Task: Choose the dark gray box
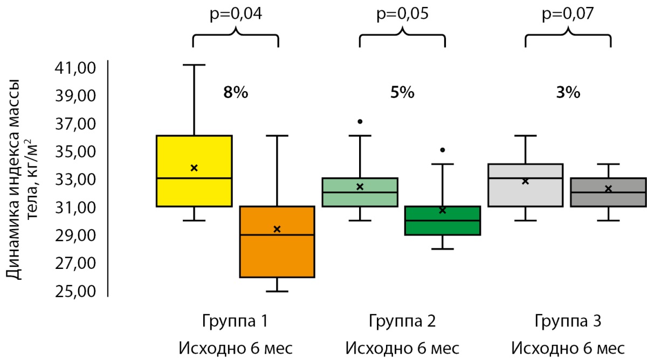pyautogui.click(x=608, y=192)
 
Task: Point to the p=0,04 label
pyautogui.click(x=236, y=14)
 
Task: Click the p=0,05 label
pyautogui.click(x=402, y=14)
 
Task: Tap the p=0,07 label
pyautogui.click(x=568, y=14)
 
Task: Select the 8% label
pyautogui.click(x=236, y=93)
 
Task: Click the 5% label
pyautogui.click(x=402, y=93)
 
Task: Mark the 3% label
pyautogui.click(x=568, y=93)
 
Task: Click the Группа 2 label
pyautogui.click(x=402, y=322)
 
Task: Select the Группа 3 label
pyautogui.click(x=568, y=322)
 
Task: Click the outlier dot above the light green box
pyautogui.click(x=360, y=121)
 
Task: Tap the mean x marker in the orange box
pyautogui.click(x=277, y=229)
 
